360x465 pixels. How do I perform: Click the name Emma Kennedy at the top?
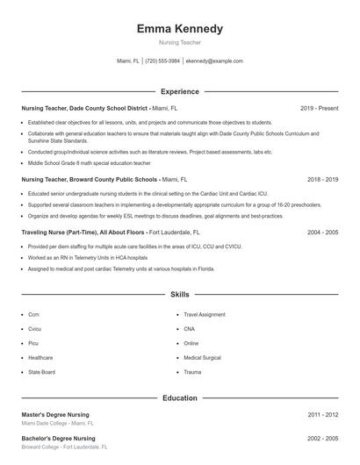point(180,28)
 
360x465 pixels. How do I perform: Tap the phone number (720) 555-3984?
point(162,61)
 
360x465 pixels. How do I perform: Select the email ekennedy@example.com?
point(214,61)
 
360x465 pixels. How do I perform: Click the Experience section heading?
point(180,91)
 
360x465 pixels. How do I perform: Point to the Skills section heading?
point(180,296)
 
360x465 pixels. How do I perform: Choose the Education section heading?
point(180,397)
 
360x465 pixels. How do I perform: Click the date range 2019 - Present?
point(319,108)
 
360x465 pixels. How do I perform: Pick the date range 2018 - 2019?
point(322,179)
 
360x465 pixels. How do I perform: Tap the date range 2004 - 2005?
point(322,232)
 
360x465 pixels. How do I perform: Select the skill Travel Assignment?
point(205,314)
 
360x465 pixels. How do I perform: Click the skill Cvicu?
point(35,329)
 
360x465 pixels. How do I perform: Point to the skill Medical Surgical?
point(203,358)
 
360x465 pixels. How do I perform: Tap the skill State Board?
point(41,372)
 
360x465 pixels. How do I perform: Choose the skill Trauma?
point(192,372)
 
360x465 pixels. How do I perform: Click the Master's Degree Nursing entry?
point(55,414)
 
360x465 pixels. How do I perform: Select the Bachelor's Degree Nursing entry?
point(58,438)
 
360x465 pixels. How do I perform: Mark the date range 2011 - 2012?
point(322,414)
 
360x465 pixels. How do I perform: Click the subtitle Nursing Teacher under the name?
point(180,42)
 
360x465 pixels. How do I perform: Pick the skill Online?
point(191,343)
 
